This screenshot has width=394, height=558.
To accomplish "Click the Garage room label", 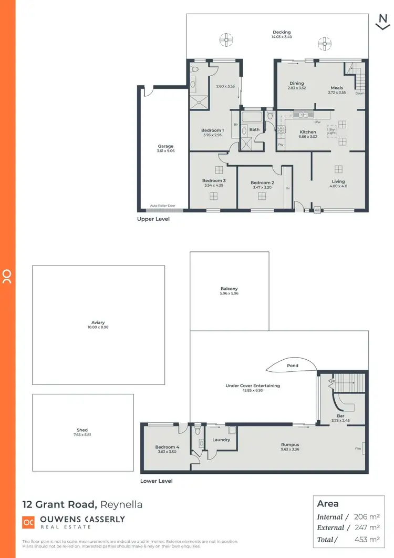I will click(165, 146).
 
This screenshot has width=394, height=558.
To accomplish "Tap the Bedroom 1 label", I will click(213, 130).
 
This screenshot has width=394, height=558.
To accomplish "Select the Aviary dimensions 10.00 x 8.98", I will click(98, 327).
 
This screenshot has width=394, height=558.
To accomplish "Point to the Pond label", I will click(293, 366).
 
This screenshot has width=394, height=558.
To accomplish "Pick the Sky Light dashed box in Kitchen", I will click(331, 130).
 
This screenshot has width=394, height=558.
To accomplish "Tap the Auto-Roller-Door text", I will click(162, 206).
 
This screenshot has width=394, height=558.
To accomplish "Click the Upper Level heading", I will click(153, 219).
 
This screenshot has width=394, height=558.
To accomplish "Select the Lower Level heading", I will click(156, 481).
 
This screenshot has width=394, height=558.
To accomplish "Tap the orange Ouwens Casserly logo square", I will click(28, 522).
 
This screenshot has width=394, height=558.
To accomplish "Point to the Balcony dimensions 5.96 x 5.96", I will click(229, 293).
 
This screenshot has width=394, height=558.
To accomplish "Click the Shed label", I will click(82, 430).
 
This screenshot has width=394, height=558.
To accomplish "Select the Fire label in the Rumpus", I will click(358, 449).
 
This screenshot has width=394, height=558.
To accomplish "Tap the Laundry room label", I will click(221, 440).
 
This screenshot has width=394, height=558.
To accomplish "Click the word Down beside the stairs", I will click(359, 94).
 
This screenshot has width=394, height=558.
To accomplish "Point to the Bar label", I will click(337, 415).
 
